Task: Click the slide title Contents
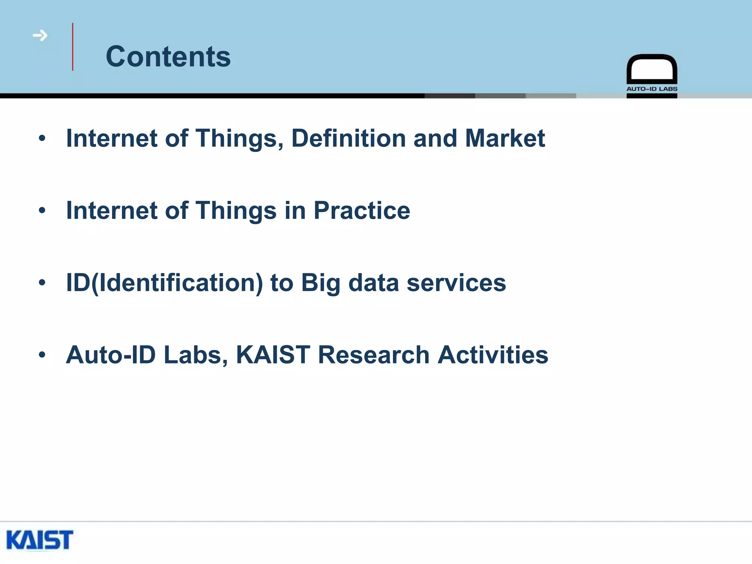pyautogui.click(x=168, y=57)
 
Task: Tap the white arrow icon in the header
pyautogui.click(x=40, y=36)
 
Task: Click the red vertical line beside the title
pyautogui.click(x=73, y=47)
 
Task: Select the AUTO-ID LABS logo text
pyautogui.click(x=652, y=89)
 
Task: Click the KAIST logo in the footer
pyautogui.click(x=40, y=540)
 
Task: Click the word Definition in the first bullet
pyautogui.click(x=348, y=138)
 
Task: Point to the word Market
pyautogui.click(x=505, y=138)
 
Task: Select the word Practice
pyautogui.click(x=362, y=211)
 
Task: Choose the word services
pyautogui.click(x=456, y=283)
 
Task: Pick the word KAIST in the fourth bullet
pyautogui.click(x=273, y=355)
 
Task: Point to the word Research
pyautogui.click(x=373, y=355)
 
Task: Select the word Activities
pyautogui.click(x=493, y=355)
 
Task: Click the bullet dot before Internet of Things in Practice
pyautogui.click(x=42, y=210)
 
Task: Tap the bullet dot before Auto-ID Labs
pyautogui.click(x=42, y=355)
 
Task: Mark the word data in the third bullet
pyautogui.click(x=373, y=283)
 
